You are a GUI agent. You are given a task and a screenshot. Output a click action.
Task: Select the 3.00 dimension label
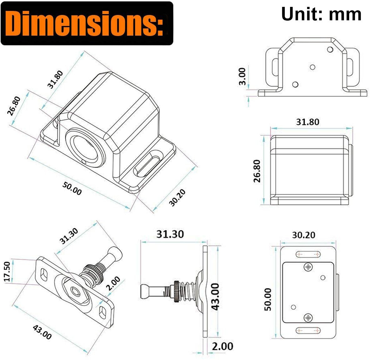coord(242,76)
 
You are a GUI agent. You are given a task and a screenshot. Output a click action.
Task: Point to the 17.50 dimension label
coord(7,272)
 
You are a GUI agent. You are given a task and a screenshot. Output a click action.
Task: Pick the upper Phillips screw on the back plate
coord(308,267)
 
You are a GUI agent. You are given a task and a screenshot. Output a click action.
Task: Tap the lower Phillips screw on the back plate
coord(308,317)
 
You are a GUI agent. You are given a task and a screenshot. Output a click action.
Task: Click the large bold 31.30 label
coord(170,234)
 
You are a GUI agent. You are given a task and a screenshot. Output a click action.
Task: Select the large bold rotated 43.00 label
coord(215,296)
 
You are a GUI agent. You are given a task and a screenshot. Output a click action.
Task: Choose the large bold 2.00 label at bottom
coord(223,347)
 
